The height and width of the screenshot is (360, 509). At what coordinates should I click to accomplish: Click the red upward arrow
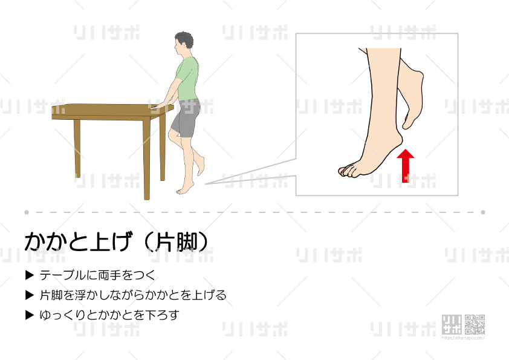point(405,166)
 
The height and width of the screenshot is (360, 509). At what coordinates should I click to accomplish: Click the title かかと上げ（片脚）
point(116,242)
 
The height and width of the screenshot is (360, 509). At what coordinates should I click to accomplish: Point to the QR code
point(475,324)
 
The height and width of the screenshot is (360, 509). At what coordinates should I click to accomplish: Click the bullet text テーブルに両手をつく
point(97,275)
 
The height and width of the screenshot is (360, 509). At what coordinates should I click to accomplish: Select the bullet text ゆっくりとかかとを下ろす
point(109,315)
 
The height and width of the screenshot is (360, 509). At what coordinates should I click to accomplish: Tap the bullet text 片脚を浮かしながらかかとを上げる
point(133,295)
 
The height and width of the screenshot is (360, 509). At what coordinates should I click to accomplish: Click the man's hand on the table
point(159,105)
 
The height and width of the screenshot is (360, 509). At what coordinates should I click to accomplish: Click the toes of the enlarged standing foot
point(348,171)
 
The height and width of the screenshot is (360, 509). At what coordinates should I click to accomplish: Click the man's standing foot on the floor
point(185,189)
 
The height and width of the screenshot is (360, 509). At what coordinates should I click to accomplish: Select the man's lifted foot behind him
point(201,166)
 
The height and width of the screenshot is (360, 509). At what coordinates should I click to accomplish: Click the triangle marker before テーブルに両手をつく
point(30,275)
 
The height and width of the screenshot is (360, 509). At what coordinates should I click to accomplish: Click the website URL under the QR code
point(463,338)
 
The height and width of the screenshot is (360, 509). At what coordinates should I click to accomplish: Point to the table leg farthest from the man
point(77,148)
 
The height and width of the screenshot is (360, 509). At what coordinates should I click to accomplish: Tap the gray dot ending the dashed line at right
point(483,212)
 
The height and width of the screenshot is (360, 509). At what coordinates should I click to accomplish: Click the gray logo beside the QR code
point(452,324)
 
